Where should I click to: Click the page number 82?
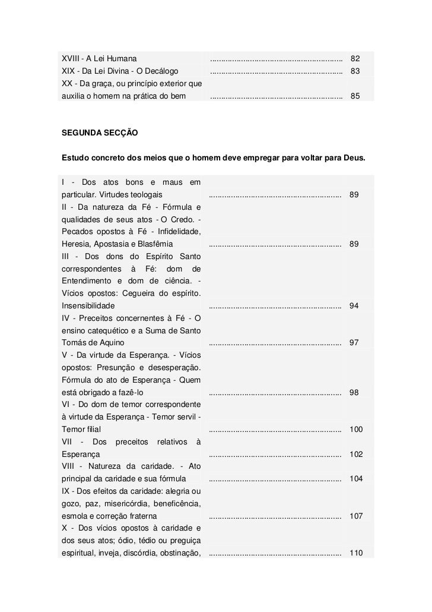pos(355,59)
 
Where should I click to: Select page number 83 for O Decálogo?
pos(355,71)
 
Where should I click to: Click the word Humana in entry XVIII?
pos(121,59)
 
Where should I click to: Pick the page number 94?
pos(354,306)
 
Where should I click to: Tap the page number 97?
pos(354,343)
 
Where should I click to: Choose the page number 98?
pos(354,393)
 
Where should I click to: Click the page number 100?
pos(356,430)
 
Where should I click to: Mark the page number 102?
pos(356,455)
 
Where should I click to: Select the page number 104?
pos(356,479)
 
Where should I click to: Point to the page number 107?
pos(356,516)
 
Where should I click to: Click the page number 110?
pos(356,553)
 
